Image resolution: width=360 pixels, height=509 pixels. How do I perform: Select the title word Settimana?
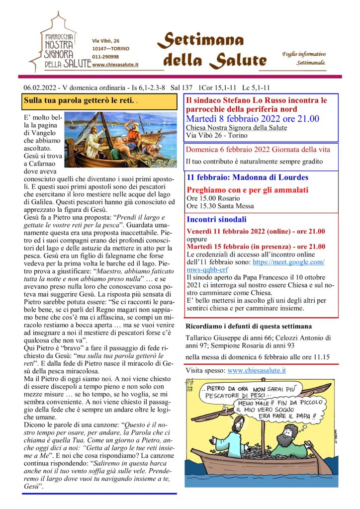coord(203,39)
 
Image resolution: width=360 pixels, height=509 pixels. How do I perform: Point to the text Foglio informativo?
coord(304,54)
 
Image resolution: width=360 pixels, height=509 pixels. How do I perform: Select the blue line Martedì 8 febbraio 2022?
coord(253,119)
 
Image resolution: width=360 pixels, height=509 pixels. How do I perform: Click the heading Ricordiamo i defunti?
coord(249,327)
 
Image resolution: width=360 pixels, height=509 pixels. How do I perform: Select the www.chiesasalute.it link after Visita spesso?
coord(257,370)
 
